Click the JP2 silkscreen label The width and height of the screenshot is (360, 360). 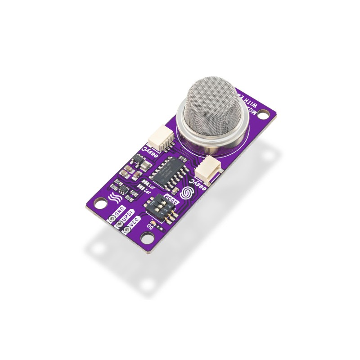point(146,191)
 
